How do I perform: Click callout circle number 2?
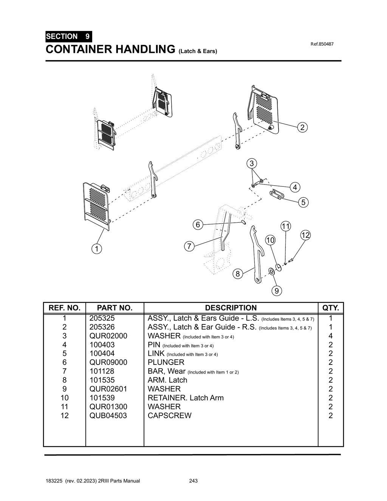302,127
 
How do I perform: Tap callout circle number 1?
97,249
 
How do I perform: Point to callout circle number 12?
305,235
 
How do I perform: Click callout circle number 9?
277,291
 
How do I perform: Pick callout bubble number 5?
303,202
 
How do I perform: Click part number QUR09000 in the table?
108,362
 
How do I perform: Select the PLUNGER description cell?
166,362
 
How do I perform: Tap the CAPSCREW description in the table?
169,416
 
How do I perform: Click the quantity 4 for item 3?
330,336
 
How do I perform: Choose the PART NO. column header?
115,308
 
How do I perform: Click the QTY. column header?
330,308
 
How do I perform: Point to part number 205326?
102,327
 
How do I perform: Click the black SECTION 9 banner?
68,37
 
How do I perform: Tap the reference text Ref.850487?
322,44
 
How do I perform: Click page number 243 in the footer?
193,481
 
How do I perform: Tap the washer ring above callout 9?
271,271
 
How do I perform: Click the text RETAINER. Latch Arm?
186,398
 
